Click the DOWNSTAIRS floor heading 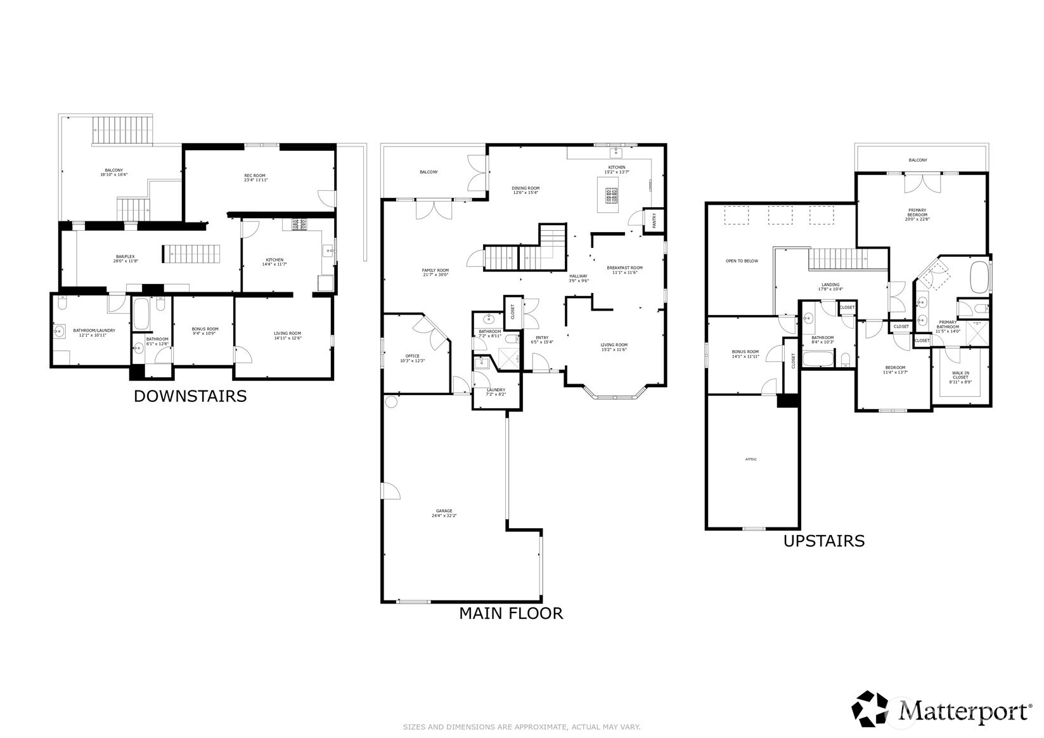tap(190, 396)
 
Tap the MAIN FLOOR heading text tap(510, 613)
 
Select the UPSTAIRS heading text tap(823, 541)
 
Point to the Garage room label tap(444, 513)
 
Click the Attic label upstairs tap(751, 460)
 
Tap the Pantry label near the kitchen tap(654, 220)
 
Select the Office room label tap(412, 358)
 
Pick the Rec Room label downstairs tap(255, 178)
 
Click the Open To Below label tap(742, 261)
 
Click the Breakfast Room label tap(624, 269)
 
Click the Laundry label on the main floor tap(496, 392)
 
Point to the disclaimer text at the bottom tap(522, 727)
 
